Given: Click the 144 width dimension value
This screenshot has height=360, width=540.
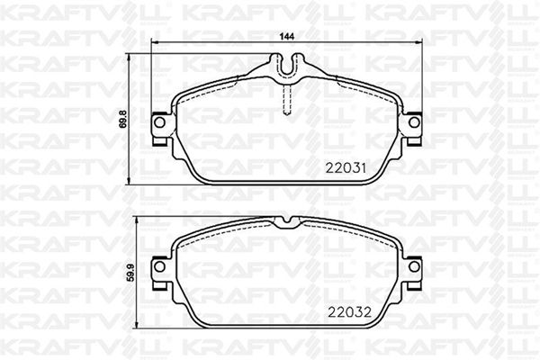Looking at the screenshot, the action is pyautogui.click(x=287, y=37).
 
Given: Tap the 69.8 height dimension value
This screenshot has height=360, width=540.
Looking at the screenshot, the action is pyautogui.click(x=123, y=119).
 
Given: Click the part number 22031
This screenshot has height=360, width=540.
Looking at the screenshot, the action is pyautogui.click(x=346, y=168).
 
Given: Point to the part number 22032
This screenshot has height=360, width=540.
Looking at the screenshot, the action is pyautogui.click(x=349, y=312).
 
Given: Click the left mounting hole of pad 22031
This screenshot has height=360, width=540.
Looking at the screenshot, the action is pyautogui.click(x=159, y=122).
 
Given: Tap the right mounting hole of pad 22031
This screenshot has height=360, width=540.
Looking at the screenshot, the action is pyautogui.click(x=414, y=122).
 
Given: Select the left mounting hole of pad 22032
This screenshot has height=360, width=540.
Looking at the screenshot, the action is pyautogui.click(x=159, y=266).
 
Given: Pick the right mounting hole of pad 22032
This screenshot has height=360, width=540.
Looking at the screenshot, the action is pyautogui.click(x=414, y=266).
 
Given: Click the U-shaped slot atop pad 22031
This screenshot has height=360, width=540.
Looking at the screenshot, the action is pyautogui.click(x=287, y=66).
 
